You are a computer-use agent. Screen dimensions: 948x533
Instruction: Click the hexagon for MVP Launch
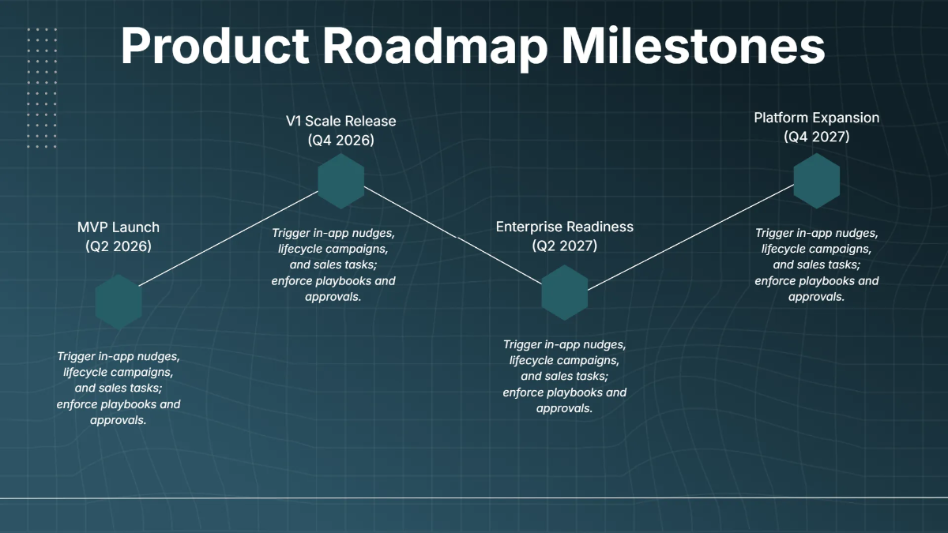pyautogui.click(x=118, y=302)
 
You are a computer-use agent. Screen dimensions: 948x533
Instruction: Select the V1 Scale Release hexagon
pyautogui.click(x=341, y=181)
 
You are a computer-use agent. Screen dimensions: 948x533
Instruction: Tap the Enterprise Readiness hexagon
pyautogui.click(x=565, y=293)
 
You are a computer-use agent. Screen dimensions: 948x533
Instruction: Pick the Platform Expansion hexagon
pyautogui.click(x=816, y=181)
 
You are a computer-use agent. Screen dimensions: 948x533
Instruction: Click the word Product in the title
pyautogui.click(x=215, y=46)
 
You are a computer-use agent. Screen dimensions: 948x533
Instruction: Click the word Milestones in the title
pyautogui.click(x=694, y=46)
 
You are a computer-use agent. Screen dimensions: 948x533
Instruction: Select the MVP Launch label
pyautogui.click(x=118, y=227)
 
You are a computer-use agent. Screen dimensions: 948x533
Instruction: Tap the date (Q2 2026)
pyautogui.click(x=118, y=246)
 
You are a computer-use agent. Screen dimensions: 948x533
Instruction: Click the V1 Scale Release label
pyautogui.click(x=341, y=121)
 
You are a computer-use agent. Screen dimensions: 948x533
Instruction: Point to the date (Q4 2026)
pyautogui.click(x=341, y=140)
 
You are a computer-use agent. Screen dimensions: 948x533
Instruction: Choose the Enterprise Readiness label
pyautogui.click(x=565, y=227)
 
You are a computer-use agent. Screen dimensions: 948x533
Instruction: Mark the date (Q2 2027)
pyautogui.click(x=565, y=246)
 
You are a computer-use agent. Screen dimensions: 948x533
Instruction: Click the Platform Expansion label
pyautogui.click(x=816, y=118)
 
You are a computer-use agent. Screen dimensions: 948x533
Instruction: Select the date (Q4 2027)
pyautogui.click(x=816, y=137)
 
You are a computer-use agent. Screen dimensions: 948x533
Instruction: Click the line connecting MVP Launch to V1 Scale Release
pyautogui.click(x=228, y=238)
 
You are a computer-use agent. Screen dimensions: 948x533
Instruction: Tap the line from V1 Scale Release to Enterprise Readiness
pyautogui.click(x=453, y=235)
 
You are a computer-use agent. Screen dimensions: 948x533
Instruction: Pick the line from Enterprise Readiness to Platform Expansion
pyautogui.click(x=690, y=238)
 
